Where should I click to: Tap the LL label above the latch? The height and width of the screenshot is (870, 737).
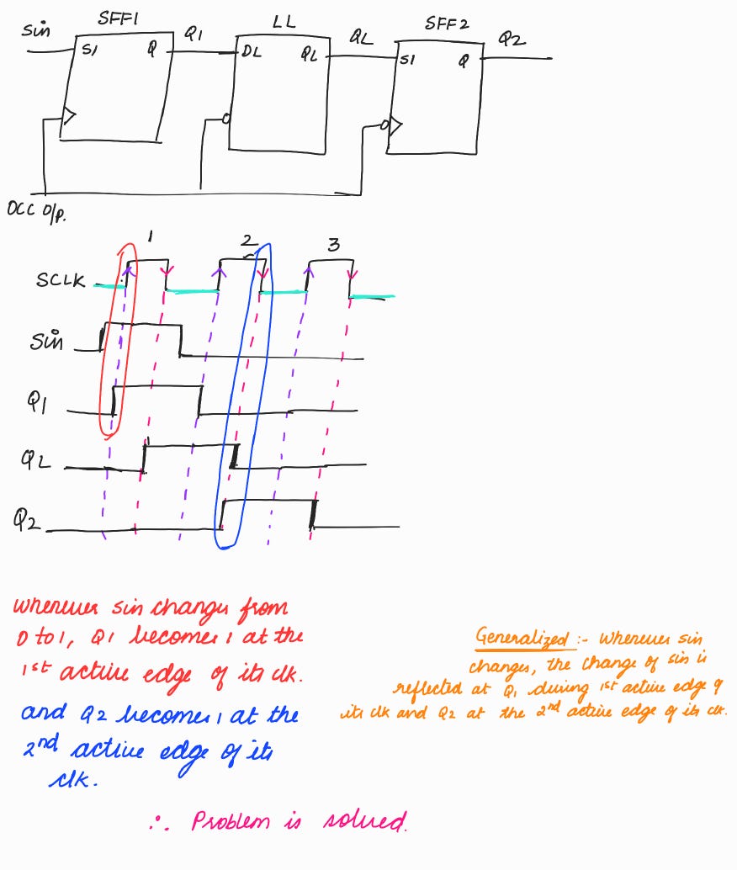[x=284, y=22]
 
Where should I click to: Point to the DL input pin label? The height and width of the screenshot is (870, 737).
[x=252, y=53]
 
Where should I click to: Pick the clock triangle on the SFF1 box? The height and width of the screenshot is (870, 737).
[x=69, y=120]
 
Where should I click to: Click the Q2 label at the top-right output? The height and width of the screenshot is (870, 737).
[x=511, y=39]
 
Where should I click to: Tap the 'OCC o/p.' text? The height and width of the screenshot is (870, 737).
[x=36, y=211]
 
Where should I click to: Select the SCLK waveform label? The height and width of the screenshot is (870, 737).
[x=61, y=280]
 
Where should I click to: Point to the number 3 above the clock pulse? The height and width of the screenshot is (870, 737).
[x=334, y=245]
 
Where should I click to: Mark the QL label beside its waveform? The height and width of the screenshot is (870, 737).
[x=37, y=459]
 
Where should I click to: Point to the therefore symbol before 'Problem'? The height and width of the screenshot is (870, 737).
[x=158, y=822]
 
